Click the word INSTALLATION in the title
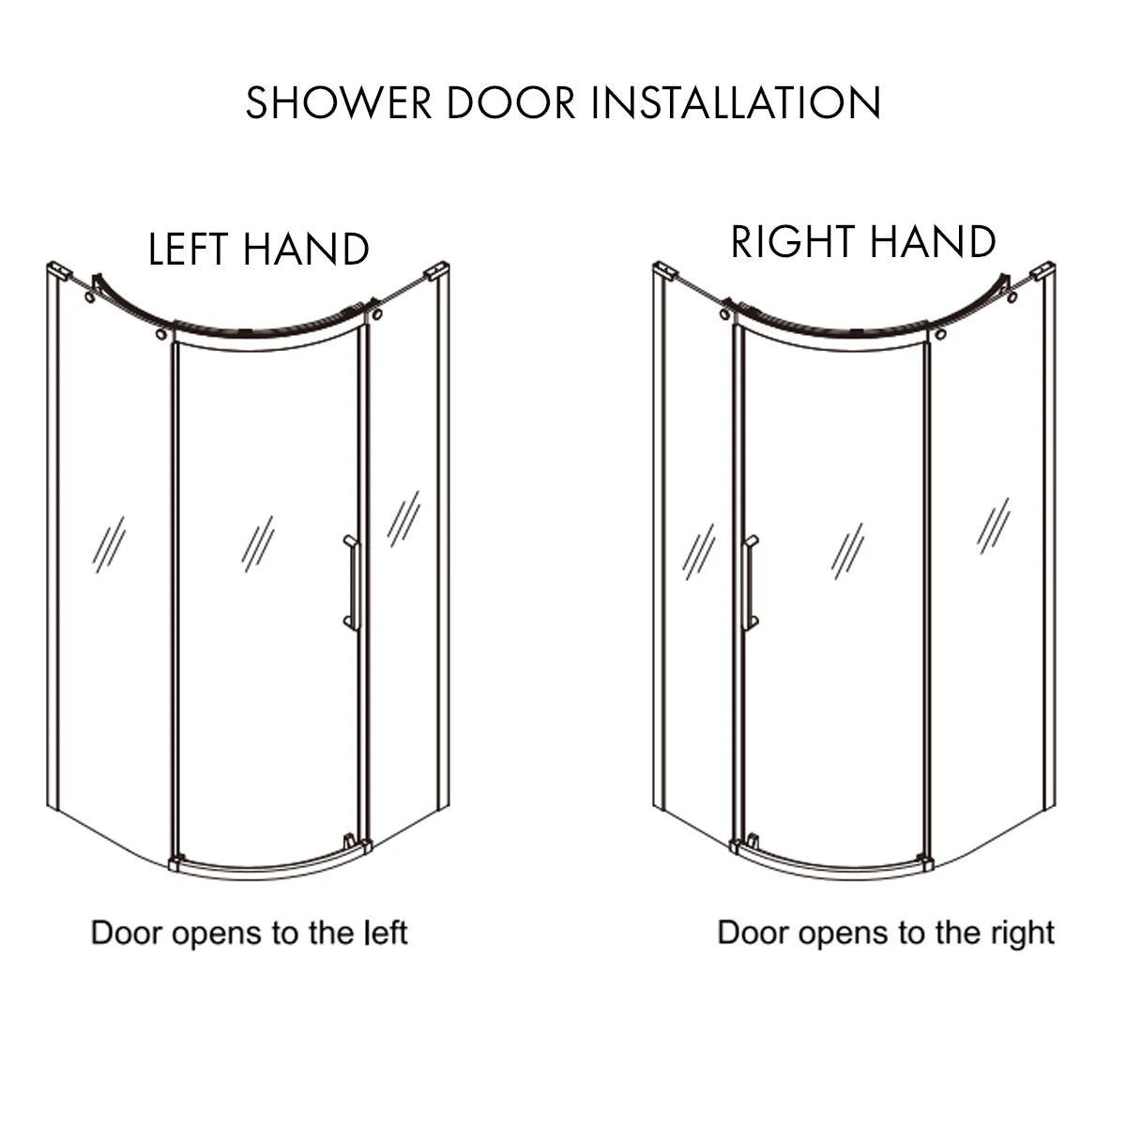(x=737, y=102)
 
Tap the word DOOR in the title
(x=510, y=102)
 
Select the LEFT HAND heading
(x=259, y=250)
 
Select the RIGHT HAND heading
(x=862, y=242)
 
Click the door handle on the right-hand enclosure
(x=749, y=583)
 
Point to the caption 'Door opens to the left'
(x=249, y=934)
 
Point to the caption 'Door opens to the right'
(x=886, y=933)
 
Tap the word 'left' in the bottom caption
(x=386, y=934)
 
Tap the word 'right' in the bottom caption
(x=1023, y=934)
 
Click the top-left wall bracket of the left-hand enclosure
(x=59, y=271)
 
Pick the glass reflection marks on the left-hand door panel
(x=257, y=543)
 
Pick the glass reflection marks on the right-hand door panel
(x=846, y=551)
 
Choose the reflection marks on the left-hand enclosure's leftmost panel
(x=108, y=545)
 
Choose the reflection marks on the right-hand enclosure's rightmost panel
(x=993, y=525)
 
